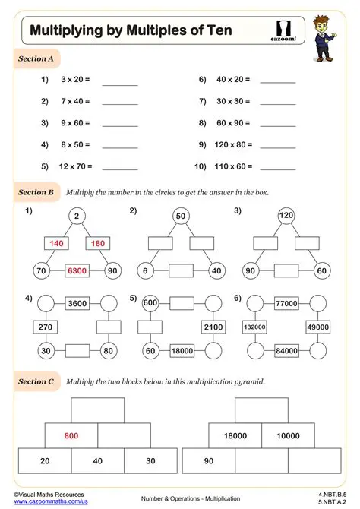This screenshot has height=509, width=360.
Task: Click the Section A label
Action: coord(36,58)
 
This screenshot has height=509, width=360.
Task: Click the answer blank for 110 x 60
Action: coord(277,166)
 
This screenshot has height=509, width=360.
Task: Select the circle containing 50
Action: coord(181,217)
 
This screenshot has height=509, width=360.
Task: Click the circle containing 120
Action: coord(287,217)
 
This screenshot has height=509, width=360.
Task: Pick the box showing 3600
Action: coord(77,304)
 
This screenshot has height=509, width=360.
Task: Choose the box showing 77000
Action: coord(286,303)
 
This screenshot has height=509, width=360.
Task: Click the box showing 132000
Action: coord(254,327)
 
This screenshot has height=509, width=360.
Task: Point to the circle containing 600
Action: coord(150,303)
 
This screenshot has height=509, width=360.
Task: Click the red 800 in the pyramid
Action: coord(71,435)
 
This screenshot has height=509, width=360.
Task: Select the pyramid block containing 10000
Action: coord(289,435)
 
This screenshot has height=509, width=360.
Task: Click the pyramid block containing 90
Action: coord(208,461)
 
